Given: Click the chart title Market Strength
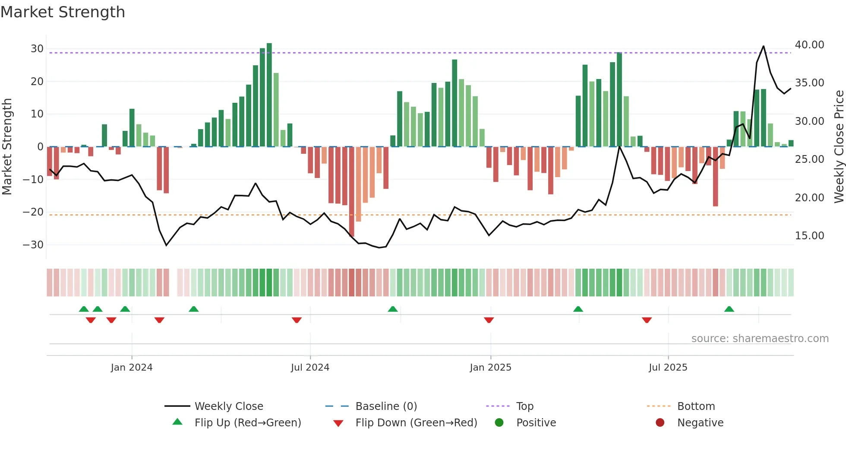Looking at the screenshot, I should pyautogui.click(x=63, y=12).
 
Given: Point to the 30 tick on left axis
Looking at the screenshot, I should pyautogui.click(x=37, y=49).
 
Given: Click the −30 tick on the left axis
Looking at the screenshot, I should pyautogui.click(x=33, y=245).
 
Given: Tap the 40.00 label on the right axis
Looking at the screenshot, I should pyautogui.click(x=809, y=45).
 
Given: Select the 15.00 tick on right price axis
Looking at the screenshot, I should pyautogui.click(x=809, y=236).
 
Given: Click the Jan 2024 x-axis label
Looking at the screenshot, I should pyautogui.click(x=132, y=368).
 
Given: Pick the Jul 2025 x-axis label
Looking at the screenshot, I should pyautogui.click(x=668, y=368).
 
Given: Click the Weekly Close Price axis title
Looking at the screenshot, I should pyautogui.click(x=839, y=147).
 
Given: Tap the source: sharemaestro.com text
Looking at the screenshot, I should pyautogui.click(x=760, y=339).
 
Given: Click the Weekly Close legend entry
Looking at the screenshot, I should pyautogui.click(x=229, y=406).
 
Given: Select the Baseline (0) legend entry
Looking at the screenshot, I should pyautogui.click(x=386, y=406).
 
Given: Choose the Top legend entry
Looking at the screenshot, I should pyautogui.click(x=525, y=406).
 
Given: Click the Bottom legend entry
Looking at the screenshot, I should pyautogui.click(x=696, y=406).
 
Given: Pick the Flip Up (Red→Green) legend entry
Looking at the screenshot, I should pyautogui.click(x=248, y=423).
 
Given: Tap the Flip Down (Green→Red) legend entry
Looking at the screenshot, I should pyautogui.click(x=416, y=423).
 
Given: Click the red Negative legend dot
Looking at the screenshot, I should pyautogui.click(x=660, y=423).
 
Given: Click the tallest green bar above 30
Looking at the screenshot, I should pyautogui.click(x=269, y=95).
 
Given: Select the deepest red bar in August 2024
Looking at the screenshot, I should pyautogui.click(x=352, y=192).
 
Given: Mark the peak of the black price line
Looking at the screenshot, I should pyautogui.click(x=764, y=46).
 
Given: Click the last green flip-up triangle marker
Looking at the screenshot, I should pyautogui.click(x=729, y=309).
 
